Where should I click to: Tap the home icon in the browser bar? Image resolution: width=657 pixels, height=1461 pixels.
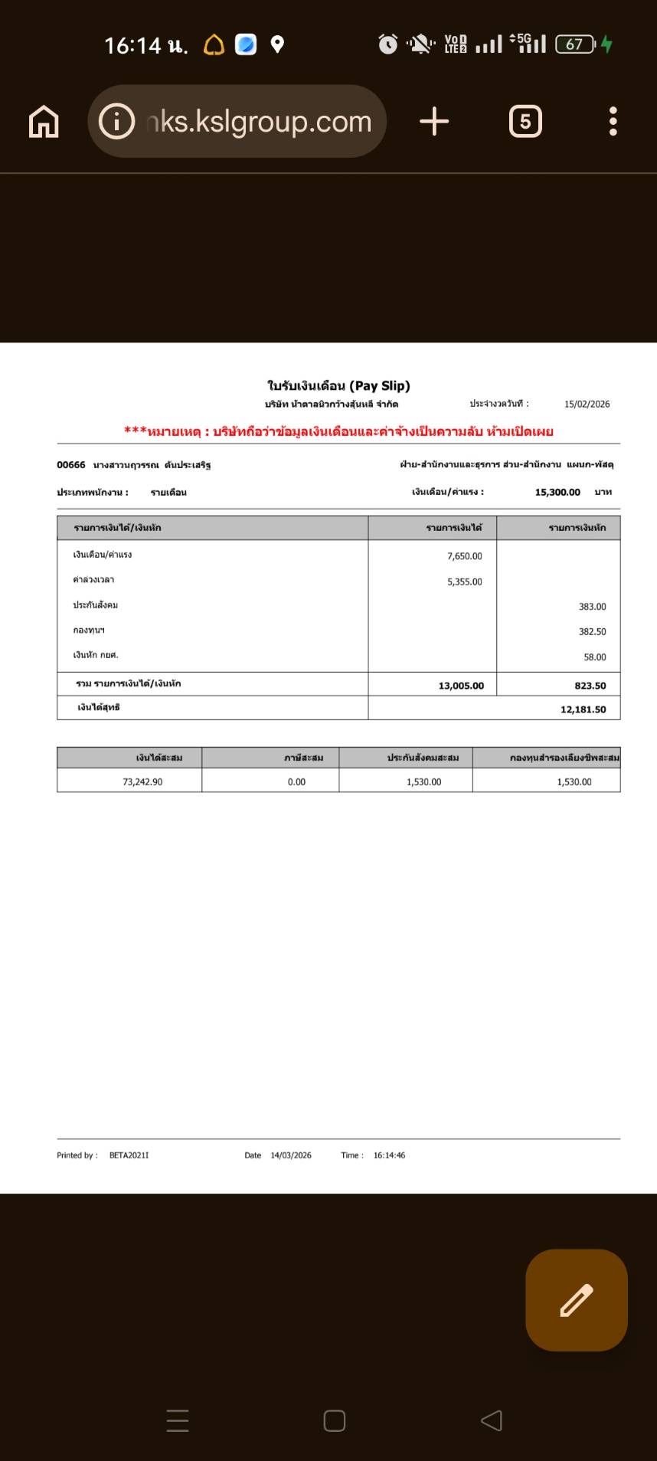click(44, 122)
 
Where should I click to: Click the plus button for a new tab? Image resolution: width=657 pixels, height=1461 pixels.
click(434, 122)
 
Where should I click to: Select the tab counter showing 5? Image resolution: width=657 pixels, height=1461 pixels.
click(525, 122)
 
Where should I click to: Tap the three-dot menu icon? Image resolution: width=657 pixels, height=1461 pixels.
click(613, 122)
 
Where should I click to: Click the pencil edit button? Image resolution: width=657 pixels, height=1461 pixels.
click(576, 1300)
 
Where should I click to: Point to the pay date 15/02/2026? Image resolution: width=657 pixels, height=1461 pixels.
click(587, 405)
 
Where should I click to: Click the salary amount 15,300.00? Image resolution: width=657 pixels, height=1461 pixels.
click(557, 493)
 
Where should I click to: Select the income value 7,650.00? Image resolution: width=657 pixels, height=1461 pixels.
click(464, 556)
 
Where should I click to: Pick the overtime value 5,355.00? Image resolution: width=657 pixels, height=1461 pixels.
click(464, 581)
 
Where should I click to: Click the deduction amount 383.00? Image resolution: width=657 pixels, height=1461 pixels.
click(592, 607)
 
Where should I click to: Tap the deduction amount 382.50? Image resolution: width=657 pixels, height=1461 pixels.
click(592, 632)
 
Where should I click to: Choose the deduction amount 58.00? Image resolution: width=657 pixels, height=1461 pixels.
click(594, 657)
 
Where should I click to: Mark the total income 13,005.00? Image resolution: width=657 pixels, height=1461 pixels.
click(461, 686)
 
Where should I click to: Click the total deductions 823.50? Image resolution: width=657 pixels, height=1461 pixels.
click(590, 686)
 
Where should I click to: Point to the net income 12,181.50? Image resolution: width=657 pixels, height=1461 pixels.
click(583, 709)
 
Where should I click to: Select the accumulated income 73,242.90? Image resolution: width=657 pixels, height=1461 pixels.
click(142, 782)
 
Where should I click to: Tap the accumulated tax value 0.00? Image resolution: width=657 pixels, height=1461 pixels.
click(296, 782)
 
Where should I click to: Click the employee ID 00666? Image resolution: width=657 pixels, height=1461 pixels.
click(71, 465)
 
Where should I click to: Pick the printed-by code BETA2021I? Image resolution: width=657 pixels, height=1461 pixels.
click(129, 1155)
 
